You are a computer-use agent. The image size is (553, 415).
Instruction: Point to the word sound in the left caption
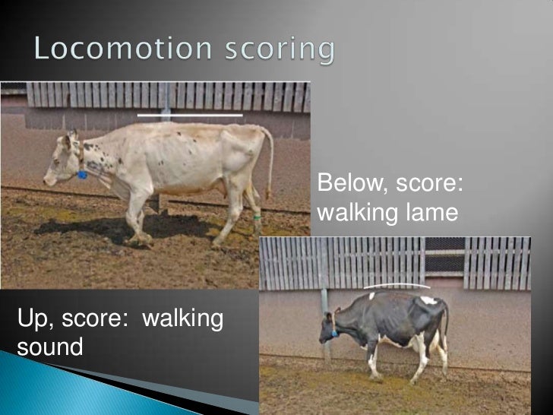coord(50,348)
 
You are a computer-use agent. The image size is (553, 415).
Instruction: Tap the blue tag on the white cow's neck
coord(82,175)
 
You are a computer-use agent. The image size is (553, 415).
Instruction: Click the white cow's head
coord(61,160)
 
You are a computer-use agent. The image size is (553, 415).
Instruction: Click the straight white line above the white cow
coord(190,115)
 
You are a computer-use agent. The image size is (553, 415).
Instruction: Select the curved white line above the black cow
coord(397,287)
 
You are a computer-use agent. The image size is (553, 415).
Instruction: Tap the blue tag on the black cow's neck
coord(333,333)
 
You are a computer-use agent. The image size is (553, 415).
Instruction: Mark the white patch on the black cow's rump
coord(430,301)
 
